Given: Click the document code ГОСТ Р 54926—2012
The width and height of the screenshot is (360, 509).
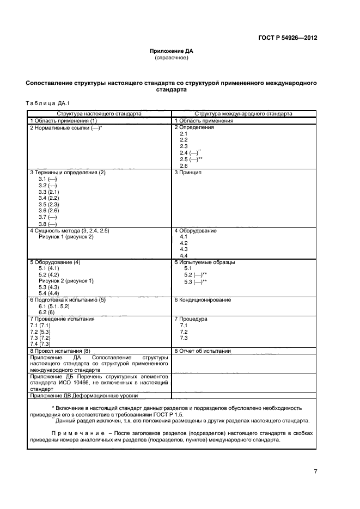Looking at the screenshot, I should pyautogui.click(x=288, y=38).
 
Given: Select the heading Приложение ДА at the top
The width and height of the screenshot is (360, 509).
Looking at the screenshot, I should pyautogui.click(x=171, y=51).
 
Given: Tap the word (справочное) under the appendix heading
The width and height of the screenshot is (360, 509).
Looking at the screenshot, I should pyautogui.click(x=171, y=57).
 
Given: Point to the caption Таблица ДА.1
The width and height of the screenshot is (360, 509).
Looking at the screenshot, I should pyautogui.click(x=48, y=103).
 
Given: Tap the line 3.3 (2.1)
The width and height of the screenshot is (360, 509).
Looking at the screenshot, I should pyautogui.click(x=48, y=192).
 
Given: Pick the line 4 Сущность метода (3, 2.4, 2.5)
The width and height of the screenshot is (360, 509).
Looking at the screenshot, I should pyautogui.click(x=70, y=231).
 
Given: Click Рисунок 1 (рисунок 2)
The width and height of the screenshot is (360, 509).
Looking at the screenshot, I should pyautogui.click(x=66, y=237).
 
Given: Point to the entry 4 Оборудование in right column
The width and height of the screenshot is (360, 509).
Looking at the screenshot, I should pyautogui.click(x=195, y=231).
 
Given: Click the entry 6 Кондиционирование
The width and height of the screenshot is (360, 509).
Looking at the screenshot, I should pyautogui.click(x=202, y=300).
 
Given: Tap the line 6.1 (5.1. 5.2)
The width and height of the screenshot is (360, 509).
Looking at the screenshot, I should pyautogui.click(x=54, y=306).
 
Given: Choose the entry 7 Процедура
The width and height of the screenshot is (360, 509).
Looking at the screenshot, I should pyautogui.click(x=191, y=319).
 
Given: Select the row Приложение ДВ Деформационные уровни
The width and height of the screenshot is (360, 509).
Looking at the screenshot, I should pyautogui.click(x=84, y=396).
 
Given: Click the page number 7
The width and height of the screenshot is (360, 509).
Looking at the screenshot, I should pyautogui.click(x=315, y=471).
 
